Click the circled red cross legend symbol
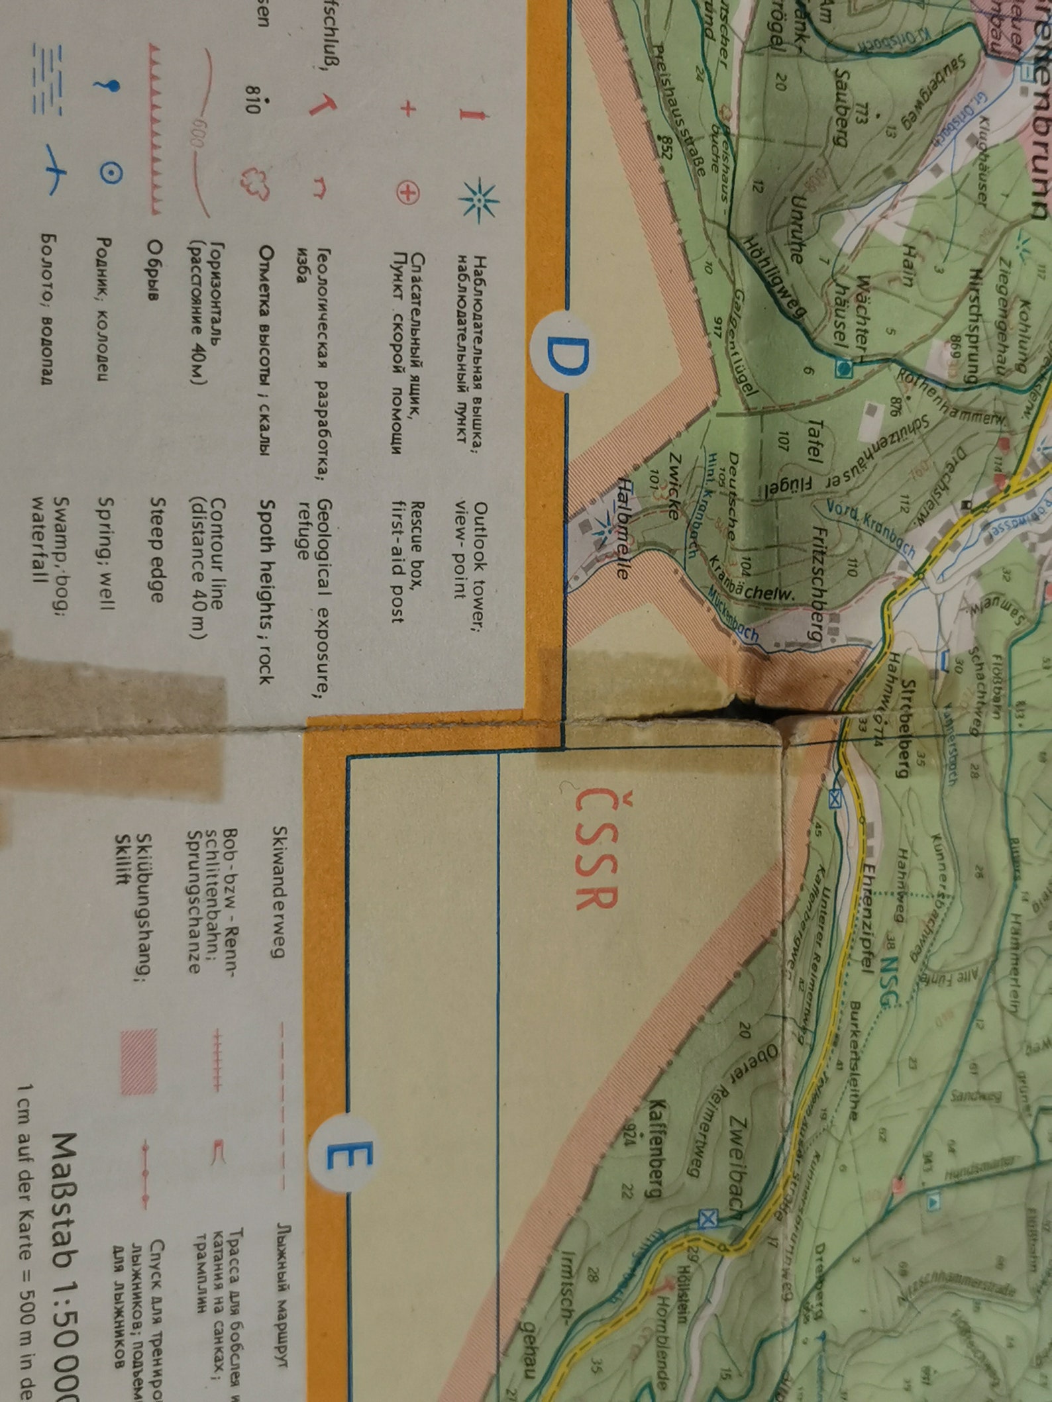[x=408, y=193]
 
